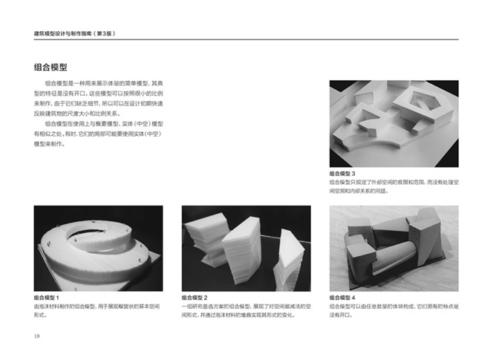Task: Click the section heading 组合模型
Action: coord(50,68)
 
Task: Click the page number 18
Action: coord(37,336)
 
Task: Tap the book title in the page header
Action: coord(74,33)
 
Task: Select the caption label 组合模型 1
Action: coord(47,298)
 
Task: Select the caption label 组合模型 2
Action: coord(195,298)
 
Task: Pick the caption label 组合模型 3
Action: coord(342,174)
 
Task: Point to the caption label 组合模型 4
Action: coord(342,298)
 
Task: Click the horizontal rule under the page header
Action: coord(247,39)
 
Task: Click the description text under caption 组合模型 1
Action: coord(97,311)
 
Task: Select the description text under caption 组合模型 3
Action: coord(394,186)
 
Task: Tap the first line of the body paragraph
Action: coord(104,84)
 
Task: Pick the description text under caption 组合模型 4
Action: coord(394,311)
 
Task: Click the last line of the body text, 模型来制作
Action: coord(50,144)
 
